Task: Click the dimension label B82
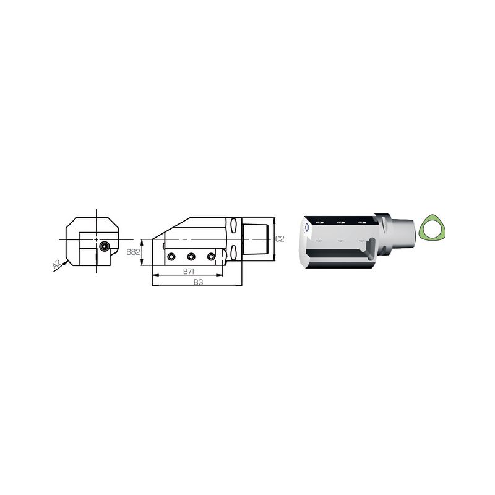point(133,252)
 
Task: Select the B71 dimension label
point(189,272)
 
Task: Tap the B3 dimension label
point(198,282)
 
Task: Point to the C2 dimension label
point(280,239)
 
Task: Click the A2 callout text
point(56,264)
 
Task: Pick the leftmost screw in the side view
point(171,257)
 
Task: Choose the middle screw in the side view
point(191,257)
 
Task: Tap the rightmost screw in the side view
point(211,257)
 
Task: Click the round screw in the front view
point(104,246)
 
